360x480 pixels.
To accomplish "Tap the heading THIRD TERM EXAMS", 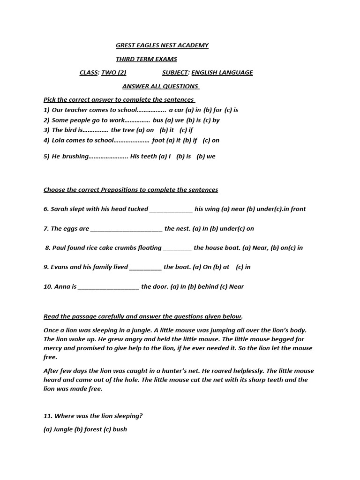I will coord(146,59).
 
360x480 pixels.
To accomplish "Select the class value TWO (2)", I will coord(114,73).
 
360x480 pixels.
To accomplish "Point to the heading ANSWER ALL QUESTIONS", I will coord(161,86).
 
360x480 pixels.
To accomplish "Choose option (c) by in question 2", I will coord(212,120).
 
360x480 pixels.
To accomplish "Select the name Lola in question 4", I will coord(59,140).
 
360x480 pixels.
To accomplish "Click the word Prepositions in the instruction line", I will coord(119,190).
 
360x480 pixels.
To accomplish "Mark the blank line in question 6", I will coord(171,210).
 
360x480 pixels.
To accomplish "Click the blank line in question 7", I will coord(126,229).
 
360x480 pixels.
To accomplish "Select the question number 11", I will coord(47,416).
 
